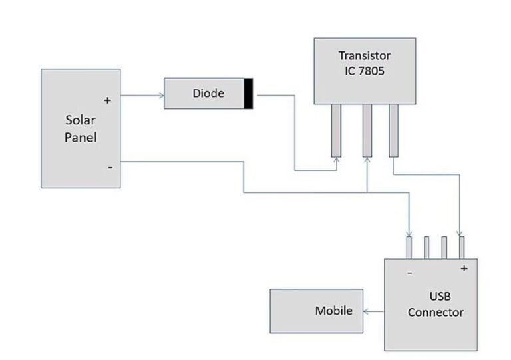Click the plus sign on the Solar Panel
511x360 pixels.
pos(107,100)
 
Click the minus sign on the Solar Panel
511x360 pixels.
pos(110,167)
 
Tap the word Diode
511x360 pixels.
pos(208,94)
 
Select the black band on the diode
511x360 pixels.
pos(248,94)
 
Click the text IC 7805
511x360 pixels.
pos(365,69)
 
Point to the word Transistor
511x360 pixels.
pos(365,55)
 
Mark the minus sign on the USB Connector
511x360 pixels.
pos(409,272)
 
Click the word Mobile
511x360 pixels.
pos(333,311)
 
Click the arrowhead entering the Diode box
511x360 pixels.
pos(162,95)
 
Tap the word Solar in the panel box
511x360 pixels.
pos(81,120)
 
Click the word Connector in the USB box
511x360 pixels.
pos(436,312)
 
